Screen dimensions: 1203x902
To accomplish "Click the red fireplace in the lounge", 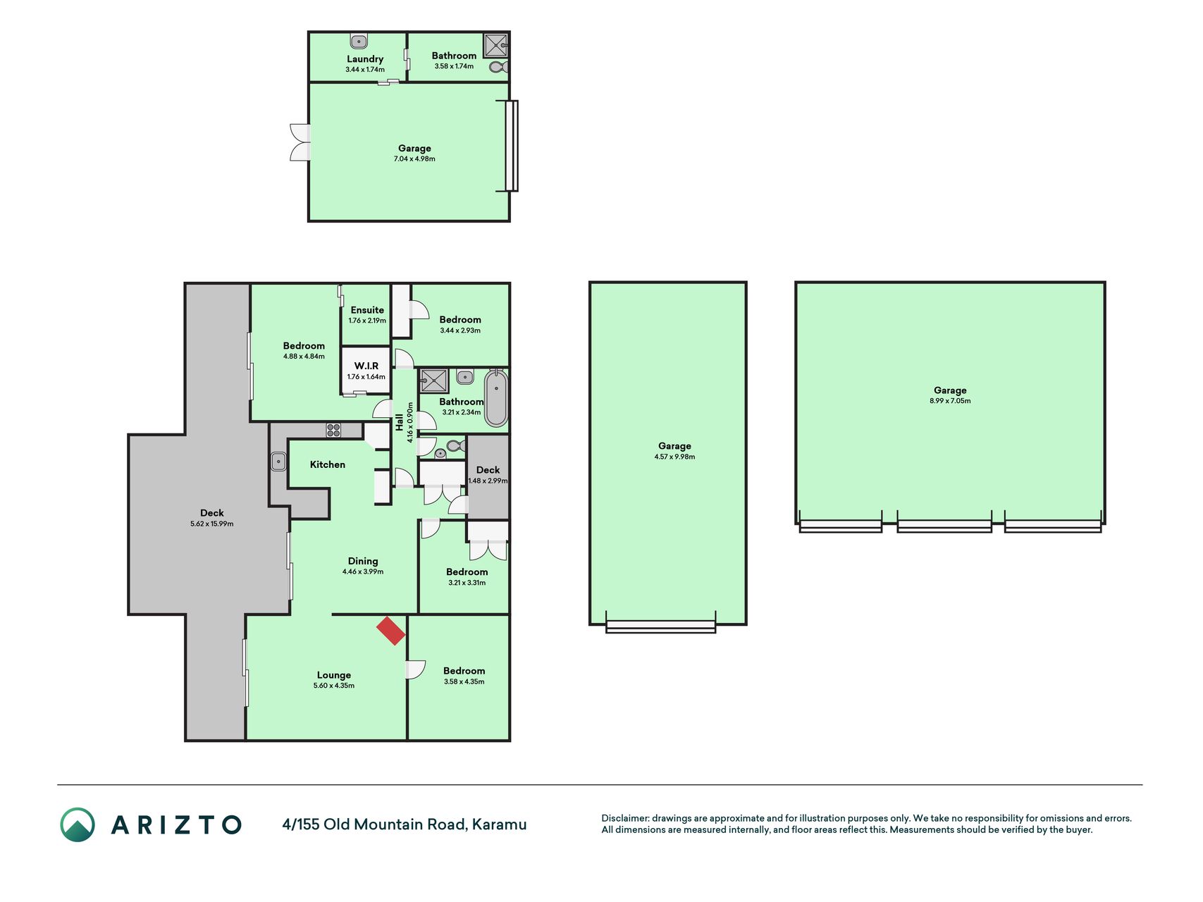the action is click(391, 631).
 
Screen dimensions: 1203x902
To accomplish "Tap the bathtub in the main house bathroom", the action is click(496, 399).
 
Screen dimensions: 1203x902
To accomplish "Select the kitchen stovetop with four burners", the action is click(333, 430).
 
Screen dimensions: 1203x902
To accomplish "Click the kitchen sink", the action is click(278, 462).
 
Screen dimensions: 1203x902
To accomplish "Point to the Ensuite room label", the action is click(367, 310).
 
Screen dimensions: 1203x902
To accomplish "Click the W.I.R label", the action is click(366, 366).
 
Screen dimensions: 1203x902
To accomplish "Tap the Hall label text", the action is click(400, 422).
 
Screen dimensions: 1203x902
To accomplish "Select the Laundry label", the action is click(365, 59).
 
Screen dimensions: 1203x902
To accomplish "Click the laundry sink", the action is click(359, 41).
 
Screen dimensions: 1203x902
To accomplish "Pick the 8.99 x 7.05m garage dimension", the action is click(950, 401).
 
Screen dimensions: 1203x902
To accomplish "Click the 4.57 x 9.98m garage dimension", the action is click(674, 457).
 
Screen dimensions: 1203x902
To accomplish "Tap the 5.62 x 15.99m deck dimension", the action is click(211, 524).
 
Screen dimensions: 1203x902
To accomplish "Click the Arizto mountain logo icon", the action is click(78, 824).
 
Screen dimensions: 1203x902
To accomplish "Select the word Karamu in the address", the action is click(500, 824).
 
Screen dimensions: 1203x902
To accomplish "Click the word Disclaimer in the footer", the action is click(624, 818).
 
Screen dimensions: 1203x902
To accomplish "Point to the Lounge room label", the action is click(334, 675).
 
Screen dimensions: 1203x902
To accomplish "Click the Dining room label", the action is click(363, 561).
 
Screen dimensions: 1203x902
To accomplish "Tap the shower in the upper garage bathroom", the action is click(495, 46).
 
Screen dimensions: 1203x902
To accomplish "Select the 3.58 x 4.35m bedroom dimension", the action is click(464, 681).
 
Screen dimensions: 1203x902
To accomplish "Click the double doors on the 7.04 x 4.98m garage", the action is click(300, 142).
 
